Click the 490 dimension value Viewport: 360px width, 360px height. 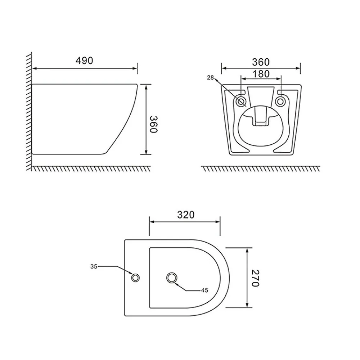[84, 60]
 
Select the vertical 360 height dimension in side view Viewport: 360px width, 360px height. [153, 124]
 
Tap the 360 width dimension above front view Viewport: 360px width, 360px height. [261, 62]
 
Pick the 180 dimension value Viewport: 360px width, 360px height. [261, 74]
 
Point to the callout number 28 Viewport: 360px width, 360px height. [210, 78]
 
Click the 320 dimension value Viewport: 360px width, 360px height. [186, 215]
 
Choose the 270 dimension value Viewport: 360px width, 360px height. [255, 278]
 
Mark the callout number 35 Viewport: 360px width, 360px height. [94, 266]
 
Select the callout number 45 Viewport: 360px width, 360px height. [204, 291]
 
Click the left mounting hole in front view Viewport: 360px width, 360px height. [241, 101]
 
